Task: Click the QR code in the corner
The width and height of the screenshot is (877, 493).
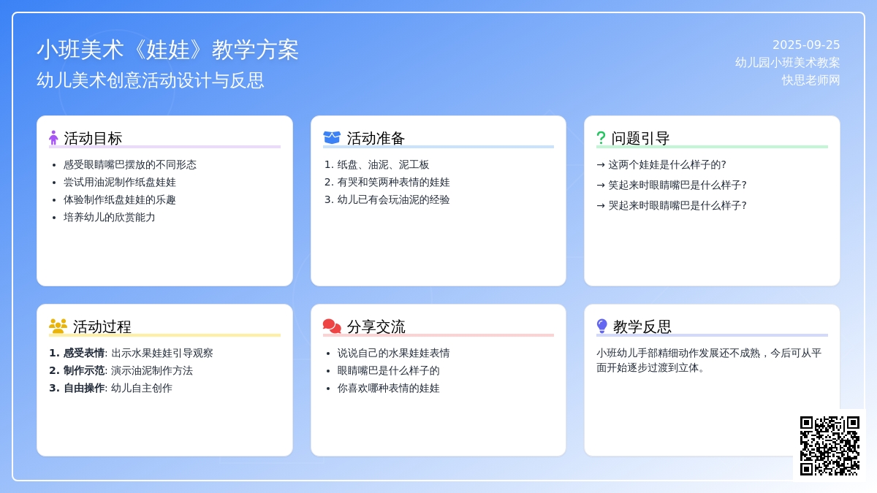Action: point(829,446)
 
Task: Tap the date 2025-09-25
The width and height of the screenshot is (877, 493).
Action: point(806,45)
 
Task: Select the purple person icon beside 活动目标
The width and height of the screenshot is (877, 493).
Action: point(53,138)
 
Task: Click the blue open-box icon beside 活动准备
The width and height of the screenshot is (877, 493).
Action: point(332,138)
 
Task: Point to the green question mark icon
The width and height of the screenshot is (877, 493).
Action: point(601,138)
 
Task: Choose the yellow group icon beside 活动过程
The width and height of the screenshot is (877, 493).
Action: point(58,326)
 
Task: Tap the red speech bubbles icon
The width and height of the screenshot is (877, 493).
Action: point(332,326)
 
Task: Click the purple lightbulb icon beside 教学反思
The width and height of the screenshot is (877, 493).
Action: point(601,326)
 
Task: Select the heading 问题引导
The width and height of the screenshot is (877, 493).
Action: point(640,138)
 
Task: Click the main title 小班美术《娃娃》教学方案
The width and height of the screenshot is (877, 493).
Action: point(167,50)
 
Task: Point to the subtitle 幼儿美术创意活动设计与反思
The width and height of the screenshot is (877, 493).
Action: point(151,80)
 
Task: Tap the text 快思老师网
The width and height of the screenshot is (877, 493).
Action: point(810,80)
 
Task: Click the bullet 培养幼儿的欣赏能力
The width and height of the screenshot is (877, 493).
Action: point(109,217)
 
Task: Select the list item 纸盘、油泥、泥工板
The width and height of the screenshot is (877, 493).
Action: point(383,165)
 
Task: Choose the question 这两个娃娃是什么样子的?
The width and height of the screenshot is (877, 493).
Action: point(667,165)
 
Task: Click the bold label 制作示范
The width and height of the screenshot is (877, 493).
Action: point(84,370)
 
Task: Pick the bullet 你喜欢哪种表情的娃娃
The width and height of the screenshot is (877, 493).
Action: point(388,388)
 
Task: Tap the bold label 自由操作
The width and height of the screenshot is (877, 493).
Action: point(84,388)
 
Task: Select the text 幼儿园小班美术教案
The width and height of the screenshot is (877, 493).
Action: point(787,63)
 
